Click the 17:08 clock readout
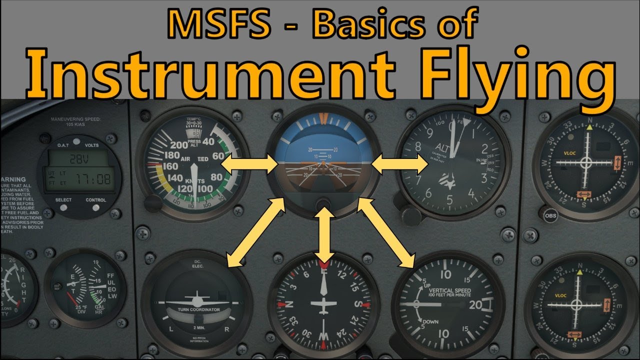94,178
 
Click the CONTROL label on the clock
96,200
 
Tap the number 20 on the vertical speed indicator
475,304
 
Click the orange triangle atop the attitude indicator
323,118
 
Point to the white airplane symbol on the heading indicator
324,304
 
